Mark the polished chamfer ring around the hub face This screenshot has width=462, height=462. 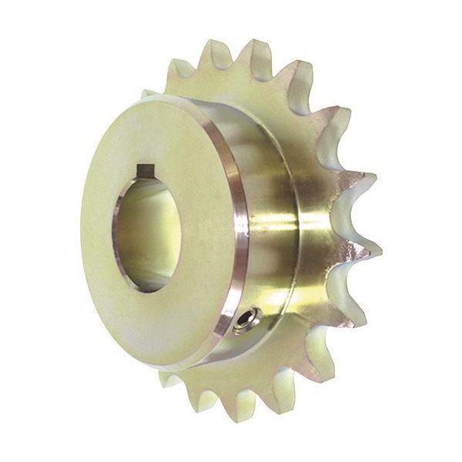click(x=223, y=231)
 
